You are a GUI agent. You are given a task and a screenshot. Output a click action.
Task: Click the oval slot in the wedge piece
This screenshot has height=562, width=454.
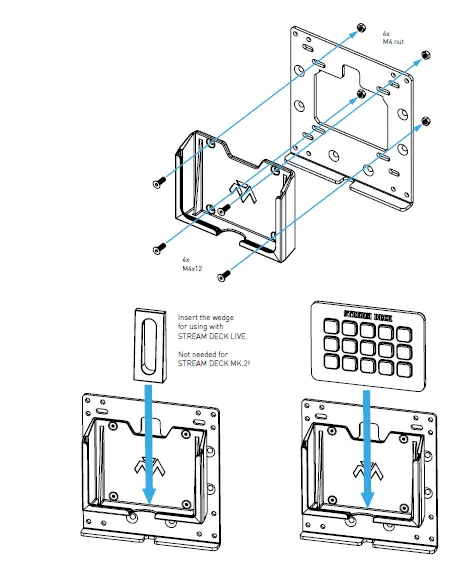pos(147,344)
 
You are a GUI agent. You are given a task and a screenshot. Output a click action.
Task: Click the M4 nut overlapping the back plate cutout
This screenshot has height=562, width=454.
pos(360,95)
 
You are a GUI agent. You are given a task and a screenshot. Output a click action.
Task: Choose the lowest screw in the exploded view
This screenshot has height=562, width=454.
pos(223,273)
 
